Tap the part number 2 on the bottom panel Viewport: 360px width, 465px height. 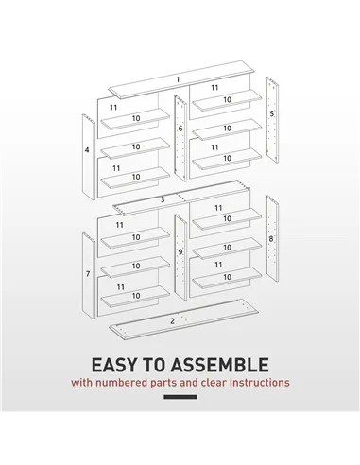(172, 321)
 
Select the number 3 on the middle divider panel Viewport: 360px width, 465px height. (163, 199)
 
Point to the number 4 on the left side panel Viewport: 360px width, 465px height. (87, 150)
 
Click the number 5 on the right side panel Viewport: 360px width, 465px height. (272, 113)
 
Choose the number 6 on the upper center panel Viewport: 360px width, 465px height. (180, 128)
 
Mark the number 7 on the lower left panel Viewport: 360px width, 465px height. (87, 274)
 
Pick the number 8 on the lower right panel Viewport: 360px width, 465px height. (271, 239)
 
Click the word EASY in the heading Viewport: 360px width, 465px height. (115, 365)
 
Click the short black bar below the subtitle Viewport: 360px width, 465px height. (180, 397)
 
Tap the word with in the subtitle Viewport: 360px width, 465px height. (83, 384)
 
